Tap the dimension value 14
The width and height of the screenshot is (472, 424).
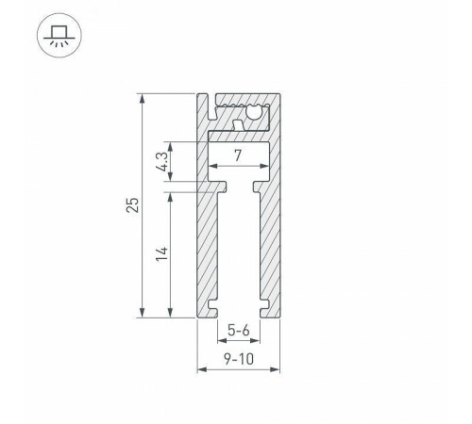click(x=161, y=253)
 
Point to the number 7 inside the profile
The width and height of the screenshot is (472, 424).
click(x=238, y=155)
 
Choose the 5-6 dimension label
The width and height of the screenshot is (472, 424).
click(x=238, y=331)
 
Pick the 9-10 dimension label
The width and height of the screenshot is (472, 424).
click(x=239, y=359)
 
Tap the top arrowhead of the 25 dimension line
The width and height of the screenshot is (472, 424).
click(x=143, y=96)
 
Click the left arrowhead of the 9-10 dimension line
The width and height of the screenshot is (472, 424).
click(x=200, y=370)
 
